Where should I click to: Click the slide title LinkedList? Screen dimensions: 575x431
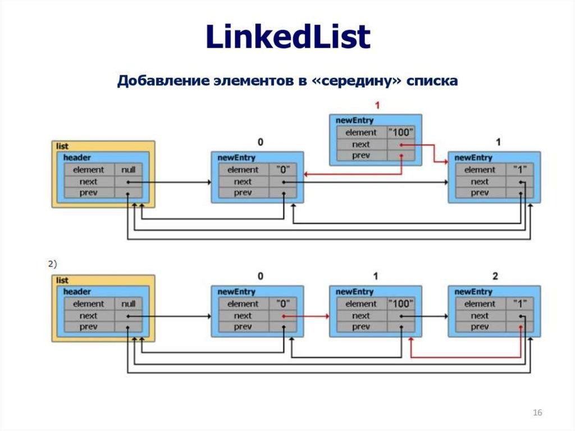tap(288, 37)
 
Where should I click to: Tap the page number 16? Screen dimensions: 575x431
tap(537, 412)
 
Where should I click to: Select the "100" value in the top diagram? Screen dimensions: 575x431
tap(401, 132)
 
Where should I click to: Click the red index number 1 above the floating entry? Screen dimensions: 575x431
tap(377, 106)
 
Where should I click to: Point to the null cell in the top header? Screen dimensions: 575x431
tap(129, 170)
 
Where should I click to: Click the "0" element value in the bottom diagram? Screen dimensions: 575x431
tap(283, 303)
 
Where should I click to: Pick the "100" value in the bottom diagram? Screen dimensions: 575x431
tap(401, 303)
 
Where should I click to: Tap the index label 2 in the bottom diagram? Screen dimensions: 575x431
tap(495, 276)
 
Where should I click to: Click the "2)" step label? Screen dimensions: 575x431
tap(52, 264)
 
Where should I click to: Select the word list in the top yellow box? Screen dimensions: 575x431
tap(62, 146)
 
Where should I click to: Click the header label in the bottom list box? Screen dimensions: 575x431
tap(76, 292)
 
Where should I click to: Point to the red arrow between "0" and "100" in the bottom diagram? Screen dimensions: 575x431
tap(306, 316)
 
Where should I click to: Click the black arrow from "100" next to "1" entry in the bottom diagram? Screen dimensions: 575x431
tap(425, 316)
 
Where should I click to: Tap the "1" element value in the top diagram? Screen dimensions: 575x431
tap(520, 170)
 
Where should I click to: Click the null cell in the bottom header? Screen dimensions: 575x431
tap(129, 303)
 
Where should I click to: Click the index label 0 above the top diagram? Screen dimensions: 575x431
tap(261, 142)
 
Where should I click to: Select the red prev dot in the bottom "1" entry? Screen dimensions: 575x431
tap(521, 326)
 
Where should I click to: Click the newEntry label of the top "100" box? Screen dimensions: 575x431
tap(354, 120)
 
